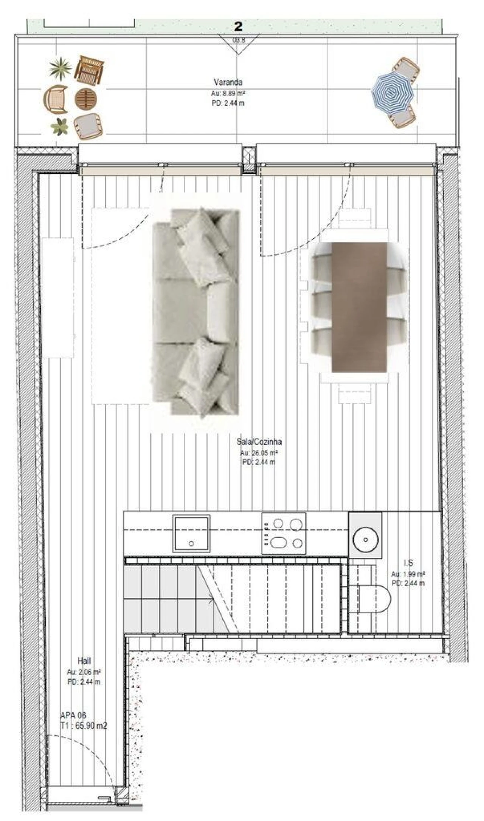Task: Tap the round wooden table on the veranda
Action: pyautogui.click(x=86, y=99)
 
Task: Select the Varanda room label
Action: pyautogui.click(x=228, y=82)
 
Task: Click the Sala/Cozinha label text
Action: pyautogui.click(x=259, y=441)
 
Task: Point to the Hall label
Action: pyautogui.click(x=84, y=661)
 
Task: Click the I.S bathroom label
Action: pyautogui.click(x=408, y=563)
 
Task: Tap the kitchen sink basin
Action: pyautogui.click(x=191, y=533)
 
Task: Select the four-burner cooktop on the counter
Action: pyautogui.click(x=284, y=533)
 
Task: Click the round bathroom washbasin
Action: pyautogui.click(x=365, y=540)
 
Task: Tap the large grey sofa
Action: pyautogui.click(x=195, y=312)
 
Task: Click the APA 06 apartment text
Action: pyautogui.click(x=73, y=715)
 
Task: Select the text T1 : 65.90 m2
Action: pyautogui.click(x=84, y=725)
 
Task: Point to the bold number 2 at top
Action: pyautogui.click(x=238, y=26)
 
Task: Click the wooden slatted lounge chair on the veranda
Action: pyautogui.click(x=89, y=70)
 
